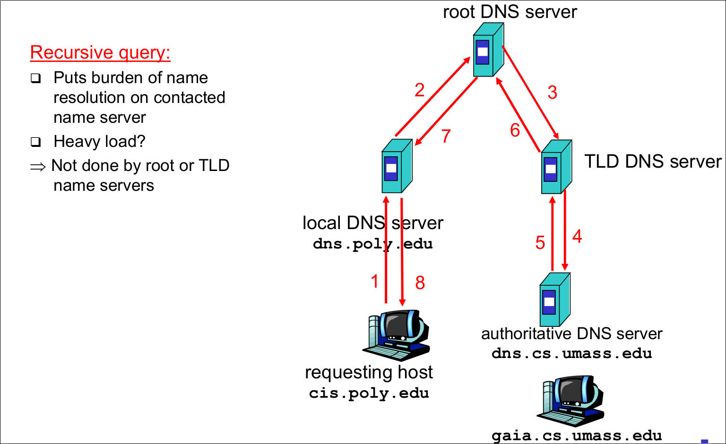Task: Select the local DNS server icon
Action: click(x=397, y=166)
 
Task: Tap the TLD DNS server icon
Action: click(x=556, y=167)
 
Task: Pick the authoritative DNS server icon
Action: click(x=554, y=299)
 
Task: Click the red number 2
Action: click(x=419, y=90)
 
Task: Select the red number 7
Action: click(x=446, y=136)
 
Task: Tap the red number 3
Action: click(x=552, y=92)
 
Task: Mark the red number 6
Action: click(x=515, y=130)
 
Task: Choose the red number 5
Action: click(x=540, y=243)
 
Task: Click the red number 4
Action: click(x=577, y=236)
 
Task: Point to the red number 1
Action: click(x=375, y=282)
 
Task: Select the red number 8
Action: click(x=420, y=283)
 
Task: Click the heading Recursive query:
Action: click(x=100, y=52)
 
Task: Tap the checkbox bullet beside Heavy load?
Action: click(x=36, y=142)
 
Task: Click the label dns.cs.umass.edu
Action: click(x=571, y=353)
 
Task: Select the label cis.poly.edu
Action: click(x=369, y=393)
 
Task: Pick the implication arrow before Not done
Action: click(x=38, y=167)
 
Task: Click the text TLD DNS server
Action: click(x=653, y=162)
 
